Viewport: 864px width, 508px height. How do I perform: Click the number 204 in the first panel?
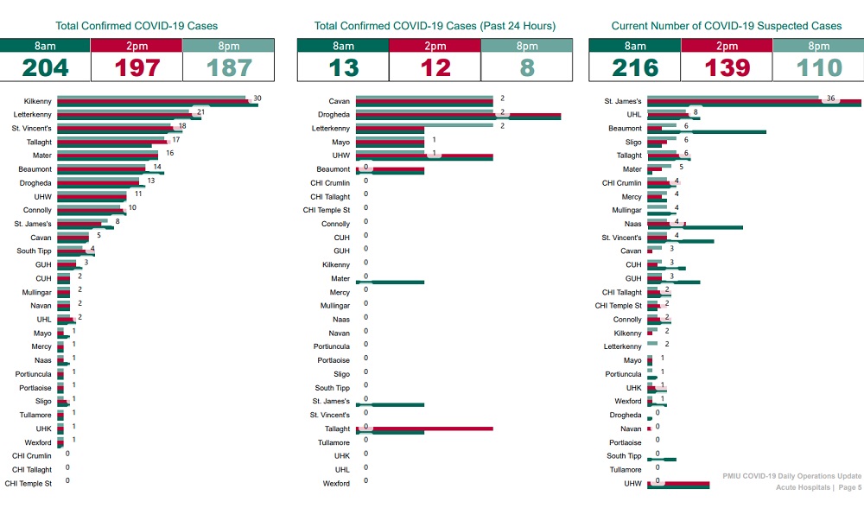point(45,67)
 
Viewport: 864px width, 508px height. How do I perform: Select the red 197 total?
point(137,67)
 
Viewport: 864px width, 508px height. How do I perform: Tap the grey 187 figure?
point(229,67)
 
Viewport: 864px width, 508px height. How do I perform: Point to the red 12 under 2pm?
point(435,67)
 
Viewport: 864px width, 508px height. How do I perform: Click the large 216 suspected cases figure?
point(634,67)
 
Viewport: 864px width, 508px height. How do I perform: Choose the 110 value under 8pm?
point(818,67)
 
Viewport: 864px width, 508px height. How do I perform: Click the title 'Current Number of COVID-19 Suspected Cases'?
point(726,26)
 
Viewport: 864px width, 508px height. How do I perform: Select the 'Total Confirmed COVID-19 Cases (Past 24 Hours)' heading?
point(435,26)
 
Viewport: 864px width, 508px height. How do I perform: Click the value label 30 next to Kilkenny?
point(257,98)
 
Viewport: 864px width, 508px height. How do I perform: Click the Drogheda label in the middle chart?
point(333,115)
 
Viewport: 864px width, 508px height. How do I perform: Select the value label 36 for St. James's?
point(830,98)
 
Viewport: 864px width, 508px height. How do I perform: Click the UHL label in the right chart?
point(634,115)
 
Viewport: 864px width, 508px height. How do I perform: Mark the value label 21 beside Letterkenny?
point(200,112)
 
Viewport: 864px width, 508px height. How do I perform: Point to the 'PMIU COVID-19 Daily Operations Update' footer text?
point(792,476)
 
